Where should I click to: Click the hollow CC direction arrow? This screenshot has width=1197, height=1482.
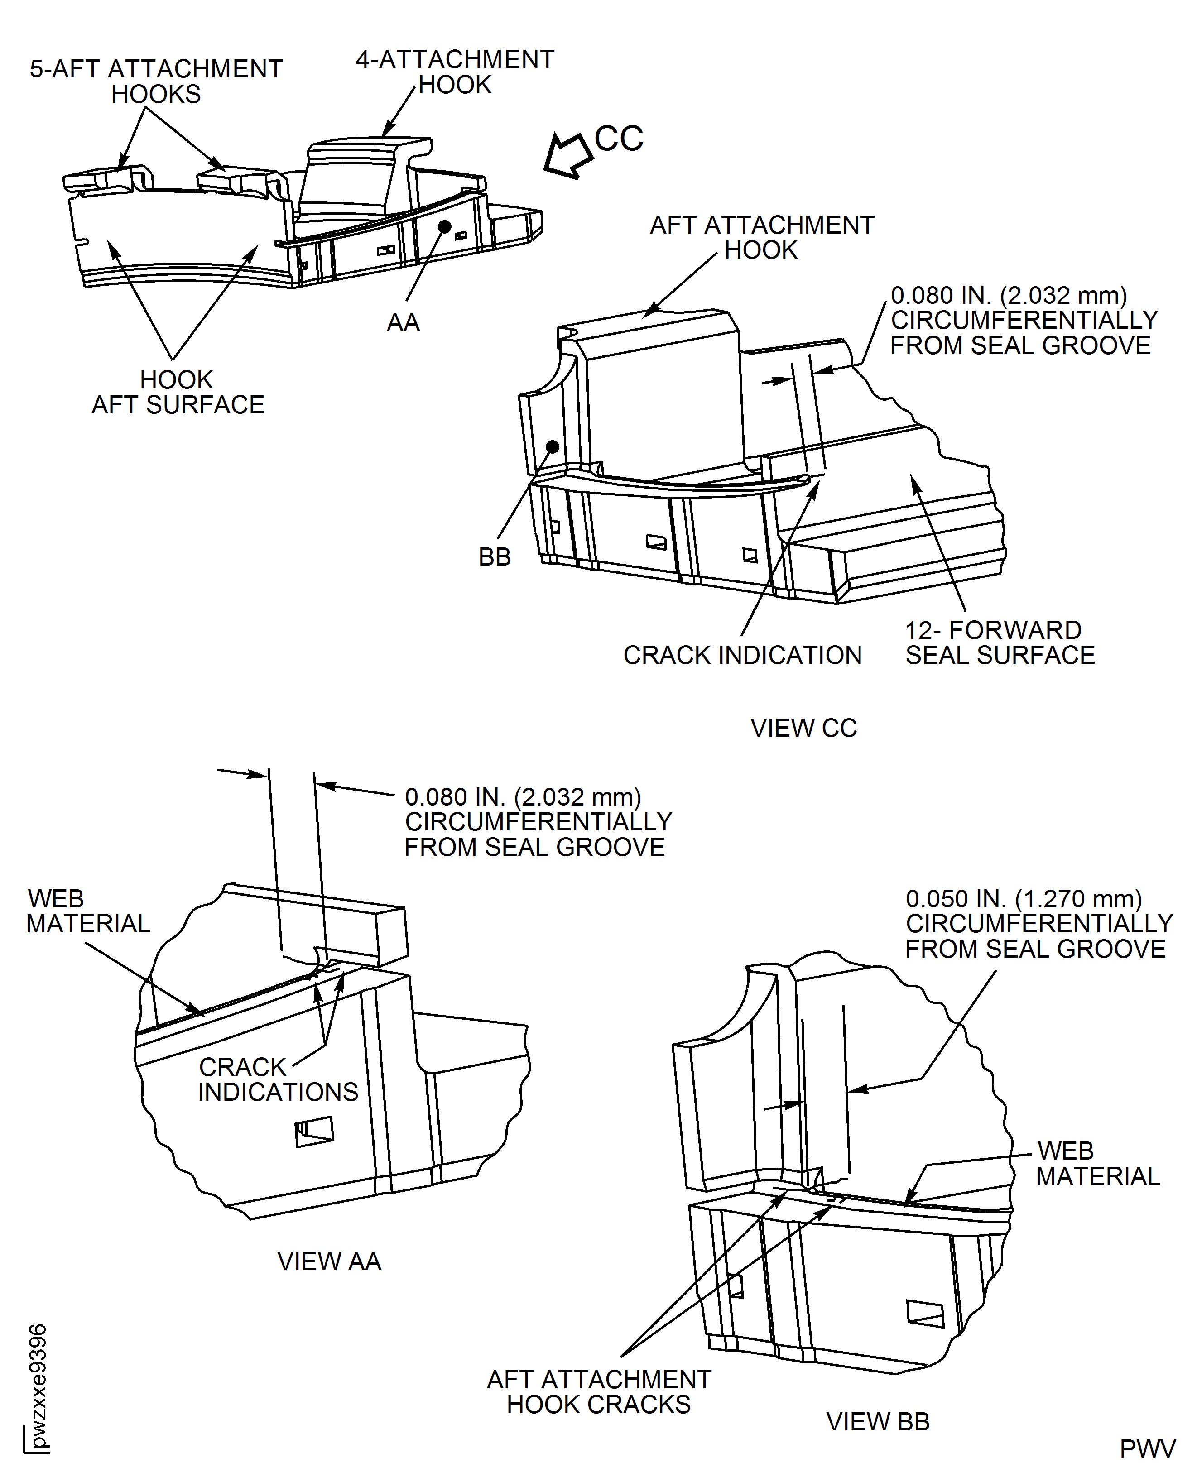[567, 154]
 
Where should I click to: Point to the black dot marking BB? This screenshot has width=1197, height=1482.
[552, 446]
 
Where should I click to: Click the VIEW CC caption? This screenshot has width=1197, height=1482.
[803, 728]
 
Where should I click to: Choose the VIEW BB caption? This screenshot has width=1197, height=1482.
[878, 1421]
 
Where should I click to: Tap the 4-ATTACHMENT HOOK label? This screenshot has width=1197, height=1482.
[455, 72]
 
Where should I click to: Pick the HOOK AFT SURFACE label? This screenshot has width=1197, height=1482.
[178, 392]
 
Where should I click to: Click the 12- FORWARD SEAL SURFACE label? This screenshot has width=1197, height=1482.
[1000, 643]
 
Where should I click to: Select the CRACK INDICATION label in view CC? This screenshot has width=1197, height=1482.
[743, 655]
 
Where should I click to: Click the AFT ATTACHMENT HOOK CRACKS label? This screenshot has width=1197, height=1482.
[599, 1392]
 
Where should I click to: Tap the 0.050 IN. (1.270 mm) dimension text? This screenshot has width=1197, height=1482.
[1024, 899]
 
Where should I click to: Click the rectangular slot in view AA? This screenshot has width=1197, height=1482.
[314, 1132]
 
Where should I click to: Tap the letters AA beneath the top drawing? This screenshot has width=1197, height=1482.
[404, 322]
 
